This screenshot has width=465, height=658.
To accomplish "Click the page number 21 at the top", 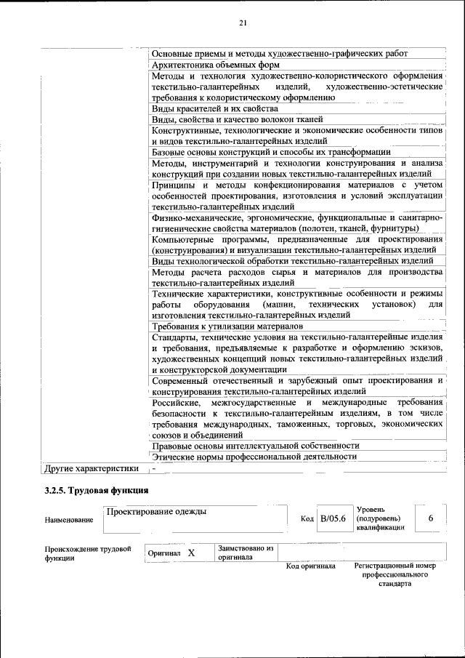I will pyautogui.click(x=243, y=23).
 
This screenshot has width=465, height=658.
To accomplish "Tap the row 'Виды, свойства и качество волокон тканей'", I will pyautogui.click(x=237, y=119).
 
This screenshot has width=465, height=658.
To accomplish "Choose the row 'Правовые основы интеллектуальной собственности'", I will pyautogui.click(x=255, y=445).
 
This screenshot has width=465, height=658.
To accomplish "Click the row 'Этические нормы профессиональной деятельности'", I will pyautogui.click(x=254, y=456).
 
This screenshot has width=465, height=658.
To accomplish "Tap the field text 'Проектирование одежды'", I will pyautogui.click(x=156, y=511).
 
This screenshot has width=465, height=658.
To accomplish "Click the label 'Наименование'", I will pyautogui.click(x=69, y=520).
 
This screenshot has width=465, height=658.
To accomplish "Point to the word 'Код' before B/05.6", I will pyautogui.click(x=307, y=518).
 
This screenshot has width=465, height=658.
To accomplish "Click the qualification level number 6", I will pyautogui.click(x=431, y=518).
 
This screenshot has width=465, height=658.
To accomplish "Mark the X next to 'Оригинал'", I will pyautogui.click(x=192, y=553).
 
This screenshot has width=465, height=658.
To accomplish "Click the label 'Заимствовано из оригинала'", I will pyautogui.click(x=245, y=553).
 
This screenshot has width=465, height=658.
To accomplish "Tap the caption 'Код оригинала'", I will pyautogui.click(x=310, y=566).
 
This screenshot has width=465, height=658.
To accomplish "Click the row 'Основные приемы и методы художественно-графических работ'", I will pyautogui.click(x=279, y=53).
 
